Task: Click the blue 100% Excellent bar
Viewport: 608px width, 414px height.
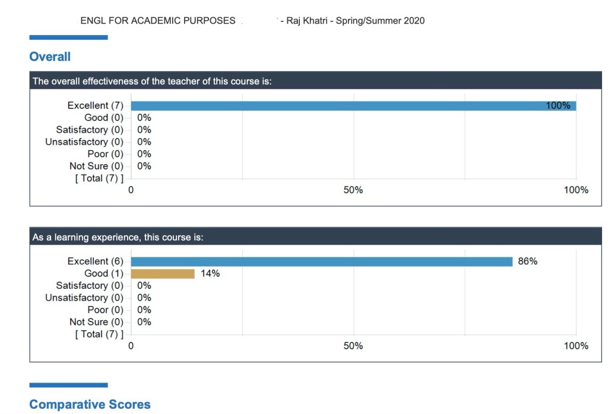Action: (353, 106)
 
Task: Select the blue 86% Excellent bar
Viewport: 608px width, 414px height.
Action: (321, 262)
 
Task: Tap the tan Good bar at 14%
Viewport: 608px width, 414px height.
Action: (163, 273)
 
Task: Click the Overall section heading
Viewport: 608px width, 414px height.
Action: (50, 57)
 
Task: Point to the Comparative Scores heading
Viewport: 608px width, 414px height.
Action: (90, 405)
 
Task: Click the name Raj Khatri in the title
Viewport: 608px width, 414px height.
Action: (308, 21)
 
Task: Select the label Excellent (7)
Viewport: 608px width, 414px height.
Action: (95, 106)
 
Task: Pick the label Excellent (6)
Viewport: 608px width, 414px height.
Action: (95, 262)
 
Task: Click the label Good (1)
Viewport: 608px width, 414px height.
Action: (104, 273)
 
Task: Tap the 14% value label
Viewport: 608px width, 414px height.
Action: (210, 273)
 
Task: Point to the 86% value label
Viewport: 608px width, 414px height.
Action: (528, 262)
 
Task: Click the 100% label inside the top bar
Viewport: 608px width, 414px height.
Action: (558, 106)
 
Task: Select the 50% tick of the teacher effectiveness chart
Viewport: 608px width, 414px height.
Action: (353, 190)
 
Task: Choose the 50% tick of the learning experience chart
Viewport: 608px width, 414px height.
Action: (353, 346)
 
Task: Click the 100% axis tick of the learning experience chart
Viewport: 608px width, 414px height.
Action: (576, 346)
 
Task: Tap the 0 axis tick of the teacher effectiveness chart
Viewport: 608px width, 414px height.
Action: (131, 190)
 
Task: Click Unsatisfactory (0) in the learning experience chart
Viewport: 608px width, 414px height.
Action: (84, 298)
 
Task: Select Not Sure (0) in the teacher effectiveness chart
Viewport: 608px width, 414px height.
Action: (96, 166)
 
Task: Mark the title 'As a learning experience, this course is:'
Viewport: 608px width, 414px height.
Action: (118, 237)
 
